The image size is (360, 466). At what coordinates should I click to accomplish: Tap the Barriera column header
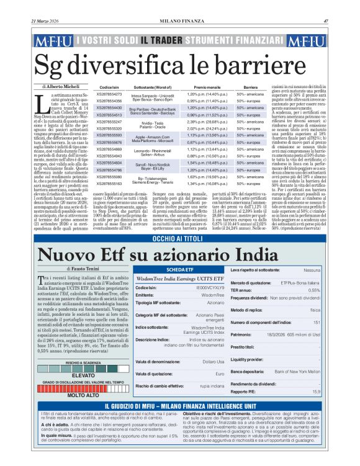pos(250,88)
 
